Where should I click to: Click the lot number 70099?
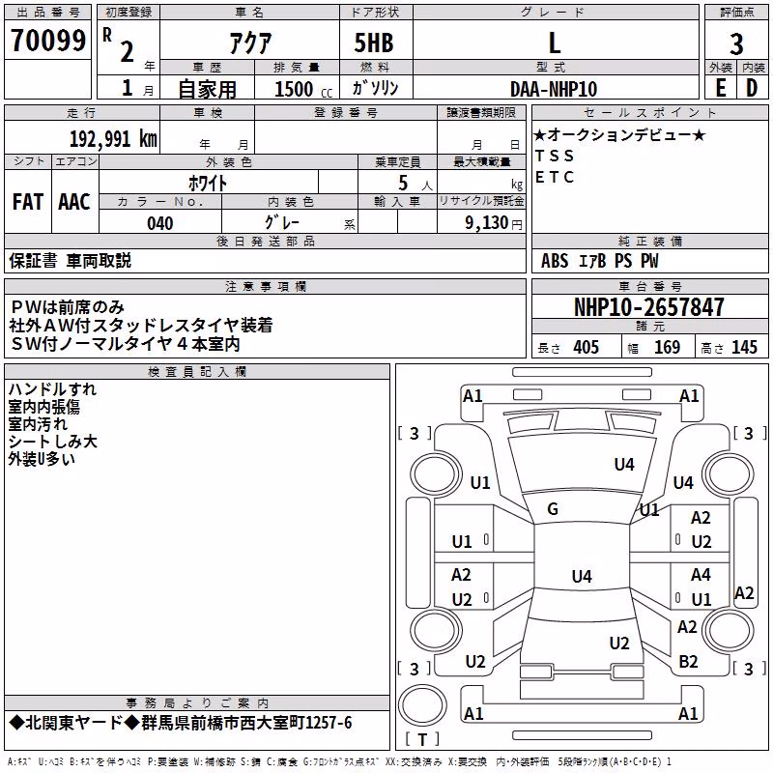[48, 41]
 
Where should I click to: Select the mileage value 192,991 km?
[113, 139]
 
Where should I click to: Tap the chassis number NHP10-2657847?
[649, 307]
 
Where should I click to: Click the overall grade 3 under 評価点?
[736, 44]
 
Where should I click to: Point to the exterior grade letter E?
[721, 88]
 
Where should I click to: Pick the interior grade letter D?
[752, 88]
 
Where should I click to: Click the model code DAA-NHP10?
[554, 89]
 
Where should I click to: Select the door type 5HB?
[374, 43]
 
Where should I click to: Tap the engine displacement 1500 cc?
[303, 89]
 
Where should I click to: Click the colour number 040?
[160, 223]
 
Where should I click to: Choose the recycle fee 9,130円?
[494, 223]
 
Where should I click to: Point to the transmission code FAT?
[28, 202]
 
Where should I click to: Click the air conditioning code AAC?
[74, 202]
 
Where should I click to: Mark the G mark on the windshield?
[553, 509]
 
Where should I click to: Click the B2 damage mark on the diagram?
[688, 662]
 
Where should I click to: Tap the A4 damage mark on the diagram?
[701, 575]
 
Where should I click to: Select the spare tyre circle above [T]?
[422, 705]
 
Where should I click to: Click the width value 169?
[667, 348]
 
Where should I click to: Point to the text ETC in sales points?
[555, 177]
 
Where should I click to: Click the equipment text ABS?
[555, 261]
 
